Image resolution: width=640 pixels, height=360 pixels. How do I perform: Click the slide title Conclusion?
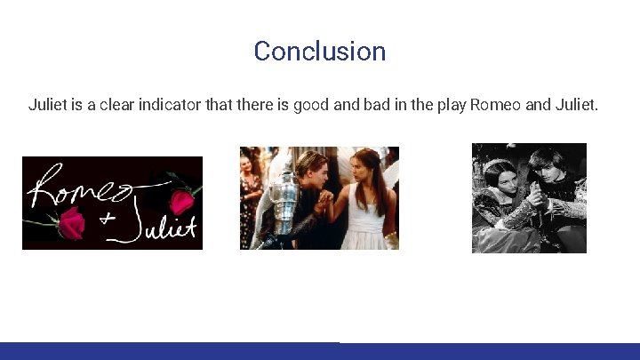(319, 51)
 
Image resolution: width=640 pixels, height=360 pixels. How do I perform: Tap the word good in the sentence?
(311, 105)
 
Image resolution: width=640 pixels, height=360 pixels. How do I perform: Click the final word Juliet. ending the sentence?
(579, 105)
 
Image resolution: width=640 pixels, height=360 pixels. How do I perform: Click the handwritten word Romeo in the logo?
(80, 189)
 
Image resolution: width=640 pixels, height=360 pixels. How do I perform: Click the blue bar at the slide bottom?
(319, 351)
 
